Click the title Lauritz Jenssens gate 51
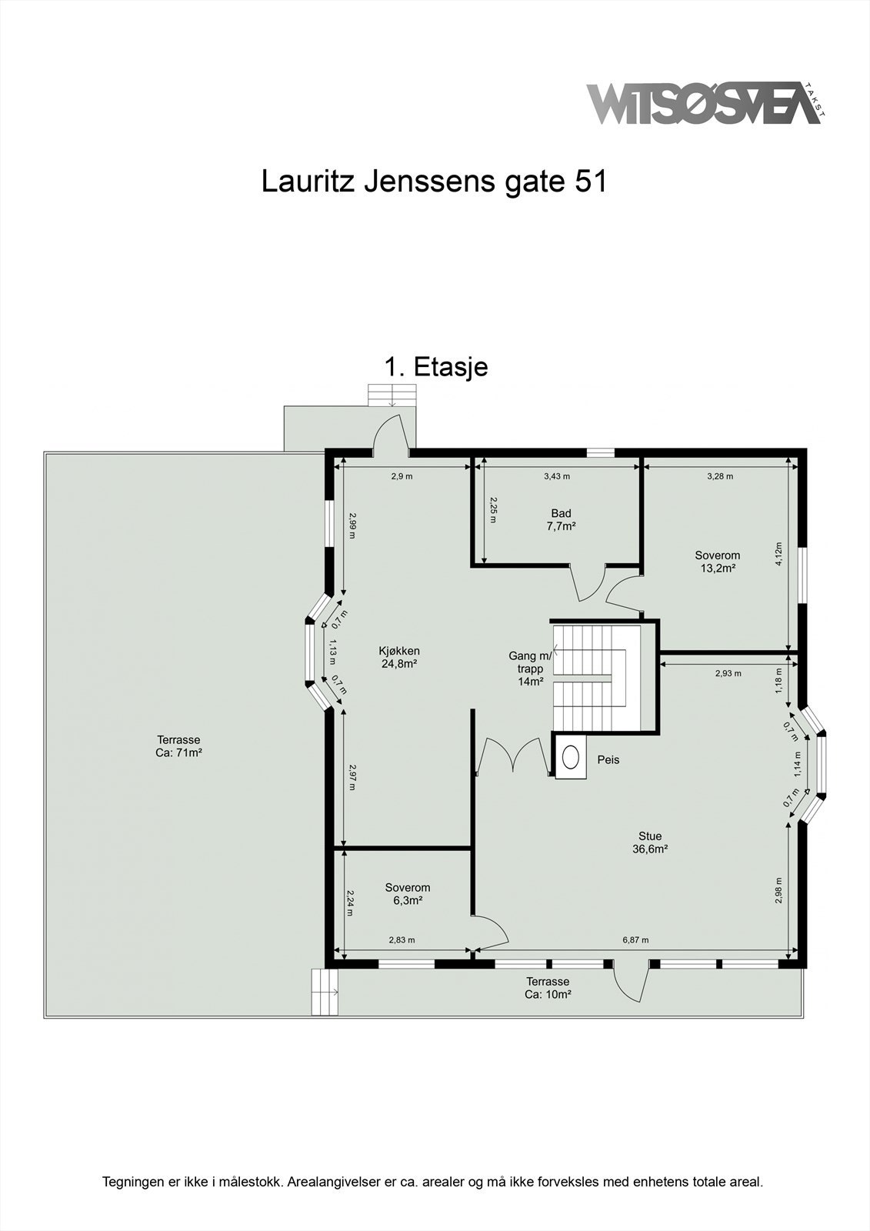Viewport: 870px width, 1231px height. [x=435, y=182]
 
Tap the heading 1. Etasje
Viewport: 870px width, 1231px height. [x=436, y=367]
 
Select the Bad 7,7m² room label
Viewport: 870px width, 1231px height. [x=561, y=520]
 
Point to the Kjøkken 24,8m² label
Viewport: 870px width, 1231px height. [x=399, y=657]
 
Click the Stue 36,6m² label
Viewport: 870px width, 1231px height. [x=650, y=842]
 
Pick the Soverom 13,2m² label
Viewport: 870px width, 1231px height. [x=717, y=562]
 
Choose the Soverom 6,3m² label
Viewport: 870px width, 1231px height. [x=408, y=894]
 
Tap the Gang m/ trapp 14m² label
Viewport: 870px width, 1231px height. [x=530, y=669]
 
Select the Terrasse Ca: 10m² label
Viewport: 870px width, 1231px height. [x=548, y=988]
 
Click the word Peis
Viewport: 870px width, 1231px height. [x=608, y=760]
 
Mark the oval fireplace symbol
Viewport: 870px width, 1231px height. [x=571, y=757]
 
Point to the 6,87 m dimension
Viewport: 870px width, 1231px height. [x=635, y=939]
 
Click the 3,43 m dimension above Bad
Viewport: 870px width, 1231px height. [x=557, y=476]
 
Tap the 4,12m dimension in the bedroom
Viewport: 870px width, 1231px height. [x=778, y=554]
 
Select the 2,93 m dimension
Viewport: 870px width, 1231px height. [x=728, y=673]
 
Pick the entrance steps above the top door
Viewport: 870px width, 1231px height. [x=392, y=395]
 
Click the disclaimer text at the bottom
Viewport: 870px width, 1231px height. [x=433, y=1181]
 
